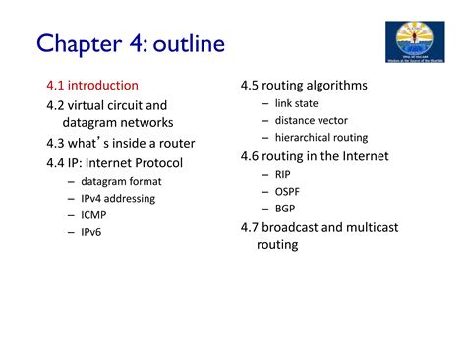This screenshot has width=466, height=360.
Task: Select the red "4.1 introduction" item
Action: click(92, 86)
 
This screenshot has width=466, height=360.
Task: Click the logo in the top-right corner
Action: click(419, 42)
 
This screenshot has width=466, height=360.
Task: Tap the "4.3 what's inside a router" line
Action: click(127, 143)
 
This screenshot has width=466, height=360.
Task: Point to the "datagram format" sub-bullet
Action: click(121, 181)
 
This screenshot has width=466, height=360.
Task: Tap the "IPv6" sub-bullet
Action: click(91, 232)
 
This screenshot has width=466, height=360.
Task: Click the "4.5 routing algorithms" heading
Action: click(304, 86)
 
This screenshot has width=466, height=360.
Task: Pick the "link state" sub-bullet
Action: click(296, 103)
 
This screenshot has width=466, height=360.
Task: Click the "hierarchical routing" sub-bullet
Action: click(321, 138)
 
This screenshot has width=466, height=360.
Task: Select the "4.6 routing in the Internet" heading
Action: click(315, 156)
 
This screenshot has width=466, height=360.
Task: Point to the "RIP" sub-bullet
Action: click(283, 174)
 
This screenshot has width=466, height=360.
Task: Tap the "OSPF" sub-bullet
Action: click(288, 191)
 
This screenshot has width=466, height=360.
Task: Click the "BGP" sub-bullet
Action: click(285, 209)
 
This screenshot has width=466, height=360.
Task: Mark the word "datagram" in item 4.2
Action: click(90, 123)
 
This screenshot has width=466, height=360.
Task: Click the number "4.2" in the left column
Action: click(57, 105)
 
